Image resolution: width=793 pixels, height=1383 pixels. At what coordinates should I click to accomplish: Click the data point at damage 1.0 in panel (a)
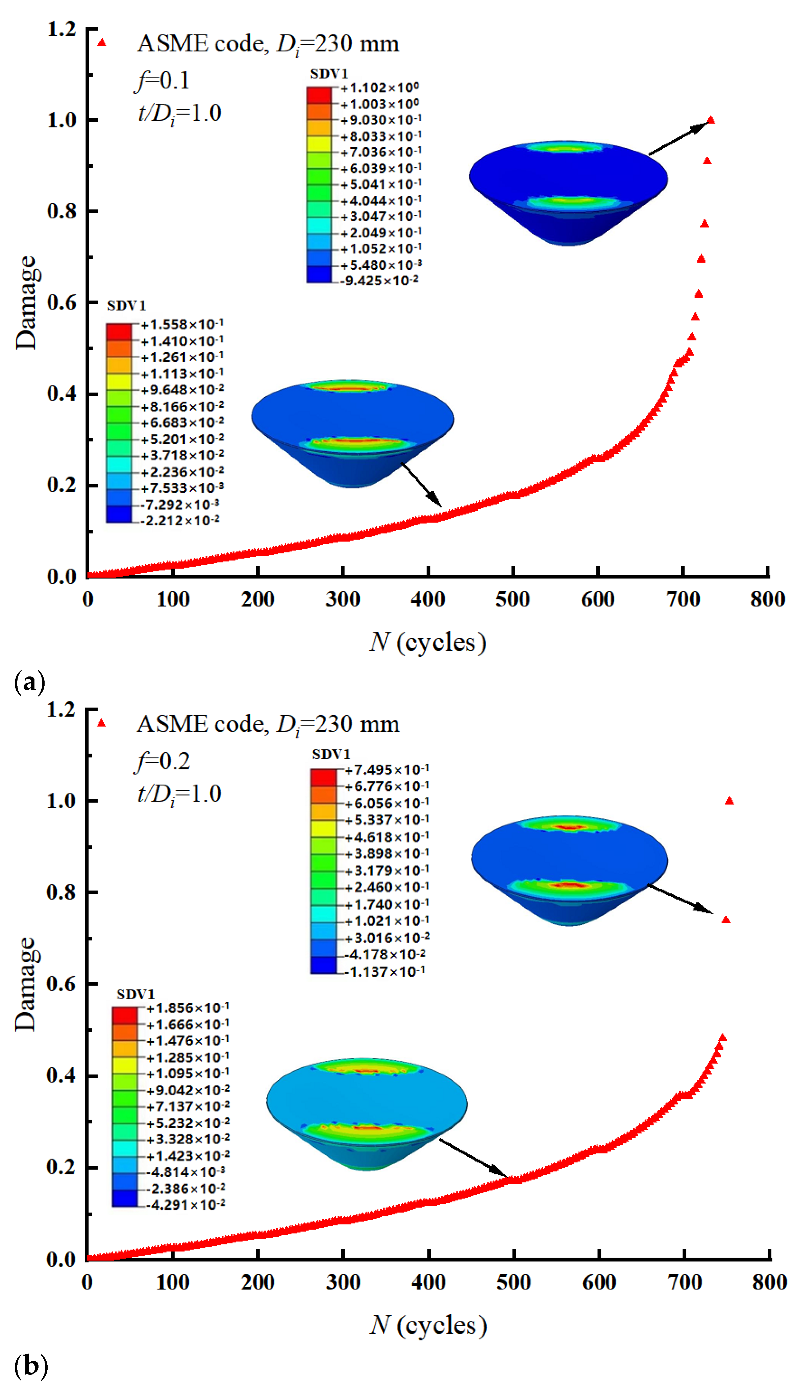(x=711, y=120)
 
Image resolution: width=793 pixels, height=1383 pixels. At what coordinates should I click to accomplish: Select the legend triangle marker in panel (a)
(x=102, y=43)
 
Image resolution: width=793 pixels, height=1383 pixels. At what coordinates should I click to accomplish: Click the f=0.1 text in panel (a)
(x=162, y=81)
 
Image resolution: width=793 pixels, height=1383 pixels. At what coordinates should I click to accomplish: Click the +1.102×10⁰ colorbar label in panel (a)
(x=379, y=88)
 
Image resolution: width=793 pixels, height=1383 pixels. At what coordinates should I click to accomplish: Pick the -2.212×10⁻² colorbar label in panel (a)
(x=180, y=520)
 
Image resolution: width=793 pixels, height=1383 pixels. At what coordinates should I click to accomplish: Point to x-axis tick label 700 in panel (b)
(x=685, y=1282)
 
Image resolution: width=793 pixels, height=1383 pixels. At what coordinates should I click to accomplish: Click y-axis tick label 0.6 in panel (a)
(x=61, y=303)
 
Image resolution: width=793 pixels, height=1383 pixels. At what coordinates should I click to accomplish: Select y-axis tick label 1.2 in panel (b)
(x=61, y=710)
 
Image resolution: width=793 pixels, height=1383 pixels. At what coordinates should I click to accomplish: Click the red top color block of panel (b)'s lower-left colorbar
(x=125, y=1015)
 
